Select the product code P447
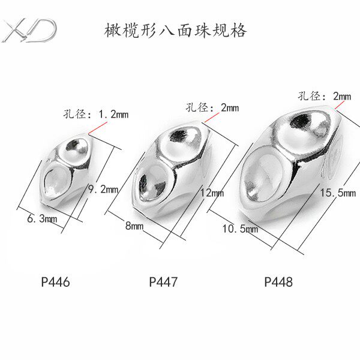(164, 280)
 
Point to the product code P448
(278, 280)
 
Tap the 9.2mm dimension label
(102, 189)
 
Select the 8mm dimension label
(134, 226)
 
